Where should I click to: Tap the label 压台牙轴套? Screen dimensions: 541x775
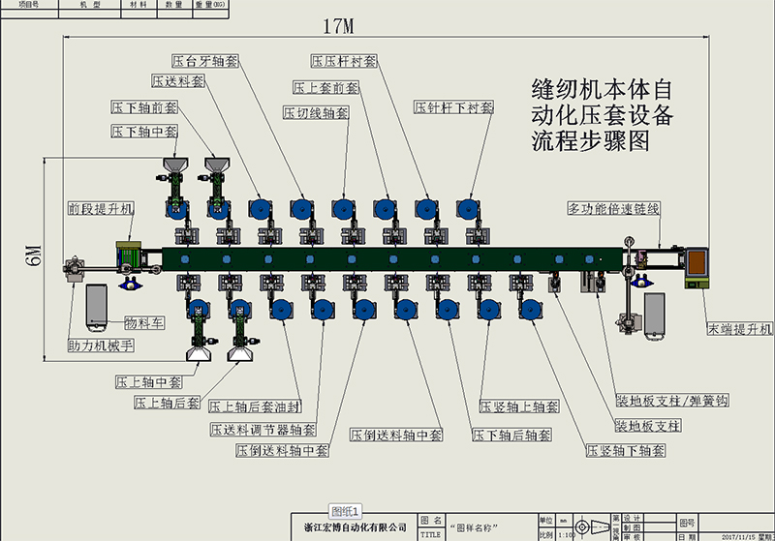pos(204,61)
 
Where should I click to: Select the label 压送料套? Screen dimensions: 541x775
pos(178,81)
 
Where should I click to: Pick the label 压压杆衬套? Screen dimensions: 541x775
pos(344,61)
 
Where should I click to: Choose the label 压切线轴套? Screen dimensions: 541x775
pos(315,113)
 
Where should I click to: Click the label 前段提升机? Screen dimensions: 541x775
pos(101,208)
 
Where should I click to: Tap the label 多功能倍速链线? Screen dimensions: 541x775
pos(613,208)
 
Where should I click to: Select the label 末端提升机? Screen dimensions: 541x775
pos(739,330)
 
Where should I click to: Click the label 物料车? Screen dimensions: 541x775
pos(142,322)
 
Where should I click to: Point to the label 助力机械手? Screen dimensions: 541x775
pos(101,345)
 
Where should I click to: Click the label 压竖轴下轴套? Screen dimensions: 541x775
pos(626,451)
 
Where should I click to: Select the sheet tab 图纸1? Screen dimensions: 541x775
pos(345,510)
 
